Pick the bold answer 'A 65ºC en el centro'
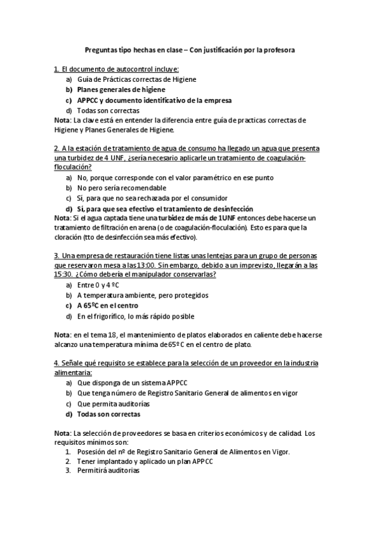point(117,305)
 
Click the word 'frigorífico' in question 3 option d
point(115,315)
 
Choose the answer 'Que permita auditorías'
point(113,403)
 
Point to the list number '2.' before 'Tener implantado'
point(69,461)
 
